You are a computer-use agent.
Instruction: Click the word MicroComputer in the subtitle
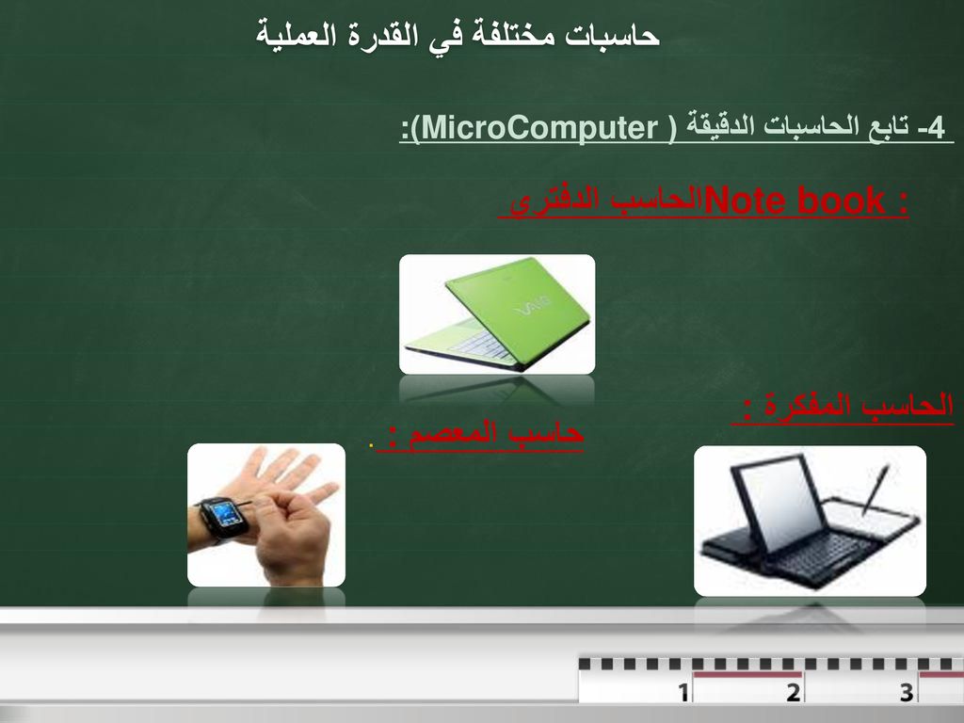click(540, 128)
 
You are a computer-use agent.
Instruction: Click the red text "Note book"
click(795, 201)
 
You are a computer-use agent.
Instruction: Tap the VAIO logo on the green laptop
click(534, 305)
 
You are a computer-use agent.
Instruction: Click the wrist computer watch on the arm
click(223, 517)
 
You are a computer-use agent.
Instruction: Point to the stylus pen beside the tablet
click(876, 489)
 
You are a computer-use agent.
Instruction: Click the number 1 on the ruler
click(683, 692)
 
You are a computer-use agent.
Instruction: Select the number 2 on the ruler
click(793, 692)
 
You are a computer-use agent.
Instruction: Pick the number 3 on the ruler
click(907, 692)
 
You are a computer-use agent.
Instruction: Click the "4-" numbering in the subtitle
click(931, 128)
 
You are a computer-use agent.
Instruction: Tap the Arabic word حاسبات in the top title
click(612, 35)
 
